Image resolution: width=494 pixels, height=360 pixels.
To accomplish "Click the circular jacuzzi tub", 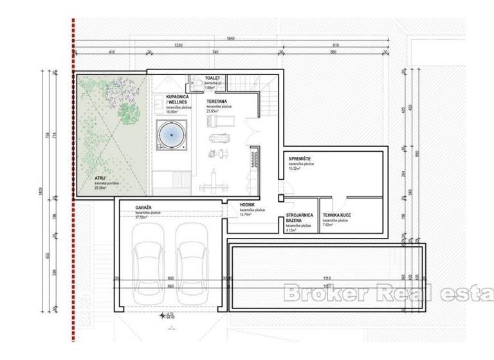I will [x=171, y=136].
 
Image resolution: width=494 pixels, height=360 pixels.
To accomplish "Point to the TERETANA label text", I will [x=216, y=102].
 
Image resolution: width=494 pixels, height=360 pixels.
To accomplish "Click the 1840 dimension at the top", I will [x=230, y=39].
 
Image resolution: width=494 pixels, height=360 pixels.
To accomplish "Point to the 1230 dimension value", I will [x=178, y=45].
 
